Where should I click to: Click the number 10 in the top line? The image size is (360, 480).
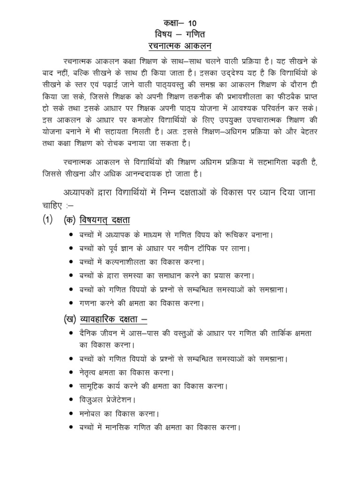tap(193, 23)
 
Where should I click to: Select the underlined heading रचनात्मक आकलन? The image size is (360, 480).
tap(180, 46)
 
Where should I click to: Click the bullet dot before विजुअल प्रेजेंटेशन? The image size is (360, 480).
tap(70, 400)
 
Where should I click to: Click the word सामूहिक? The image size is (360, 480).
tap(95, 387)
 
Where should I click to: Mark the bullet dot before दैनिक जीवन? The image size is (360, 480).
tap(70, 333)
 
